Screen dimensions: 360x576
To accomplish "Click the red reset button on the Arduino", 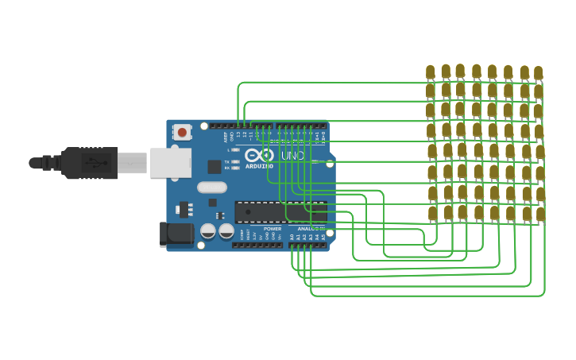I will [x=182, y=132].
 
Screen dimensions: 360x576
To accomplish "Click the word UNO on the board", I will [x=292, y=156].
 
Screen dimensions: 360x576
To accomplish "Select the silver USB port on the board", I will [x=171, y=162].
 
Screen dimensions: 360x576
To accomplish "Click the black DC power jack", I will [x=176, y=234].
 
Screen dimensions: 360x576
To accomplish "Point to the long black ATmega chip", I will [x=280, y=211].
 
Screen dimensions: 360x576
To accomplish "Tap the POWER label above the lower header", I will [x=273, y=229].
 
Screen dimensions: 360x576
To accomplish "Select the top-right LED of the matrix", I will [x=538, y=73].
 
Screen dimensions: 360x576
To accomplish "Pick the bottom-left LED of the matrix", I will [x=433, y=213].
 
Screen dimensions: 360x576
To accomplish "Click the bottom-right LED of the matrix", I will [x=540, y=214].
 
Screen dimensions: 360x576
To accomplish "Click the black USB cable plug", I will [x=89, y=163].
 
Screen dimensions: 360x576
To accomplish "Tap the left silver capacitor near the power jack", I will [x=208, y=231].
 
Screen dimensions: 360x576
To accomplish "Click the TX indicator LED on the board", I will [x=236, y=161].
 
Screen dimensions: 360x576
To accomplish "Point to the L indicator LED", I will [x=236, y=149].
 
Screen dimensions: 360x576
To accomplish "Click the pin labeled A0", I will [x=292, y=245].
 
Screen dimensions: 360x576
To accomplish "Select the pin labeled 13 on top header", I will [x=238, y=126].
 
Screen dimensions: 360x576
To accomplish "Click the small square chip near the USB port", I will [x=215, y=167].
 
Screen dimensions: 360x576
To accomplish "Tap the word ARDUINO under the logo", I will [x=259, y=166].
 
